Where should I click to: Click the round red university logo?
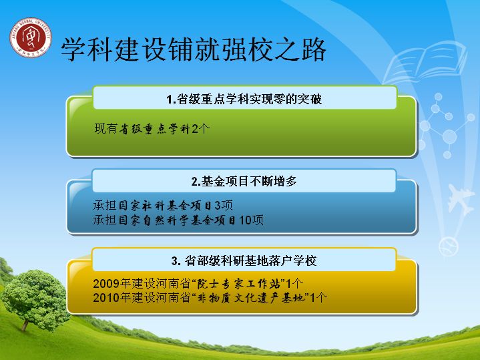(31, 37)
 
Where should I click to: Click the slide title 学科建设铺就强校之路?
(193, 49)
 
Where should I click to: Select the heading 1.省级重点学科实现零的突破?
(244, 100)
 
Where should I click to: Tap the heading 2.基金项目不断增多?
(244, 182)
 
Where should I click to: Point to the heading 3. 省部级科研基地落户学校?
(244, 260)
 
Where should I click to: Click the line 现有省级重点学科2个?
(152, 129)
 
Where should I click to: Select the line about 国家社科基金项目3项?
(163, 205)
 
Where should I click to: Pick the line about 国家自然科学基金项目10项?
(178, 220)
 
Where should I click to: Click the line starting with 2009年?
(198, 283)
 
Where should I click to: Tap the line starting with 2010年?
(210, 298)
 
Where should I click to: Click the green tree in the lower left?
(35, 299)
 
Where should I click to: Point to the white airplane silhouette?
(461, 200)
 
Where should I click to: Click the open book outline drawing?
(425, 63)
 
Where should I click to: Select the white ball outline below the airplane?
(449, 247)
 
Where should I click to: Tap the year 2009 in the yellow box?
(106, 284)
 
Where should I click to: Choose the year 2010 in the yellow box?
(106, 298)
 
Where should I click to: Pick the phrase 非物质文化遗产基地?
(251, 298)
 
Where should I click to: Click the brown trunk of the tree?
(26, 324)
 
